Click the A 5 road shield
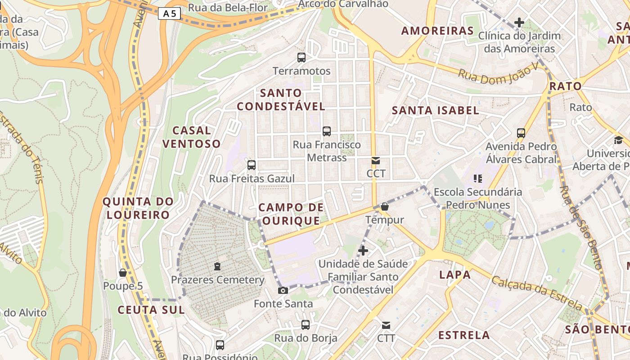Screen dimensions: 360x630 point(169,14)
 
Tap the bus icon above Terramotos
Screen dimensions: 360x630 point(301,58)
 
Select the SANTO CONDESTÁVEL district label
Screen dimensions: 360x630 point(281,100)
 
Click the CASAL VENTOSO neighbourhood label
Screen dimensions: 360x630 point(191,137)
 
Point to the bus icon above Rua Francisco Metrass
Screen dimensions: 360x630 point(327,131)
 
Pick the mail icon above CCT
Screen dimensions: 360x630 point(376,161)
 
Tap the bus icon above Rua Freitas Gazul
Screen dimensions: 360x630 point(252,165)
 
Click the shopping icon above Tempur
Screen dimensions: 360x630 point(385,207)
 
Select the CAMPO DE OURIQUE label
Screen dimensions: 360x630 point(291,214)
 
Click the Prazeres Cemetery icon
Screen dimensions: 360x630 point(217,266)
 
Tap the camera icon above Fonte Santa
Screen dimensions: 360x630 point(283,290)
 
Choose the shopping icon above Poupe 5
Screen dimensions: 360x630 point(122,273)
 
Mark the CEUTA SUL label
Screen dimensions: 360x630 point(151,310)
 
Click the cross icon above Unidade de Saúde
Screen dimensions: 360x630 point(363,251)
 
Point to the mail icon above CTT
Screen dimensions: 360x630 point(386,325)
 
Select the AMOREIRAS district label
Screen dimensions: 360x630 point(437,31)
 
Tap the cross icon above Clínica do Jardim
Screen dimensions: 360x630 point(519,22)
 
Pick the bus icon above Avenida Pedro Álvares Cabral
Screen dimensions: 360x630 point(521,133)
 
